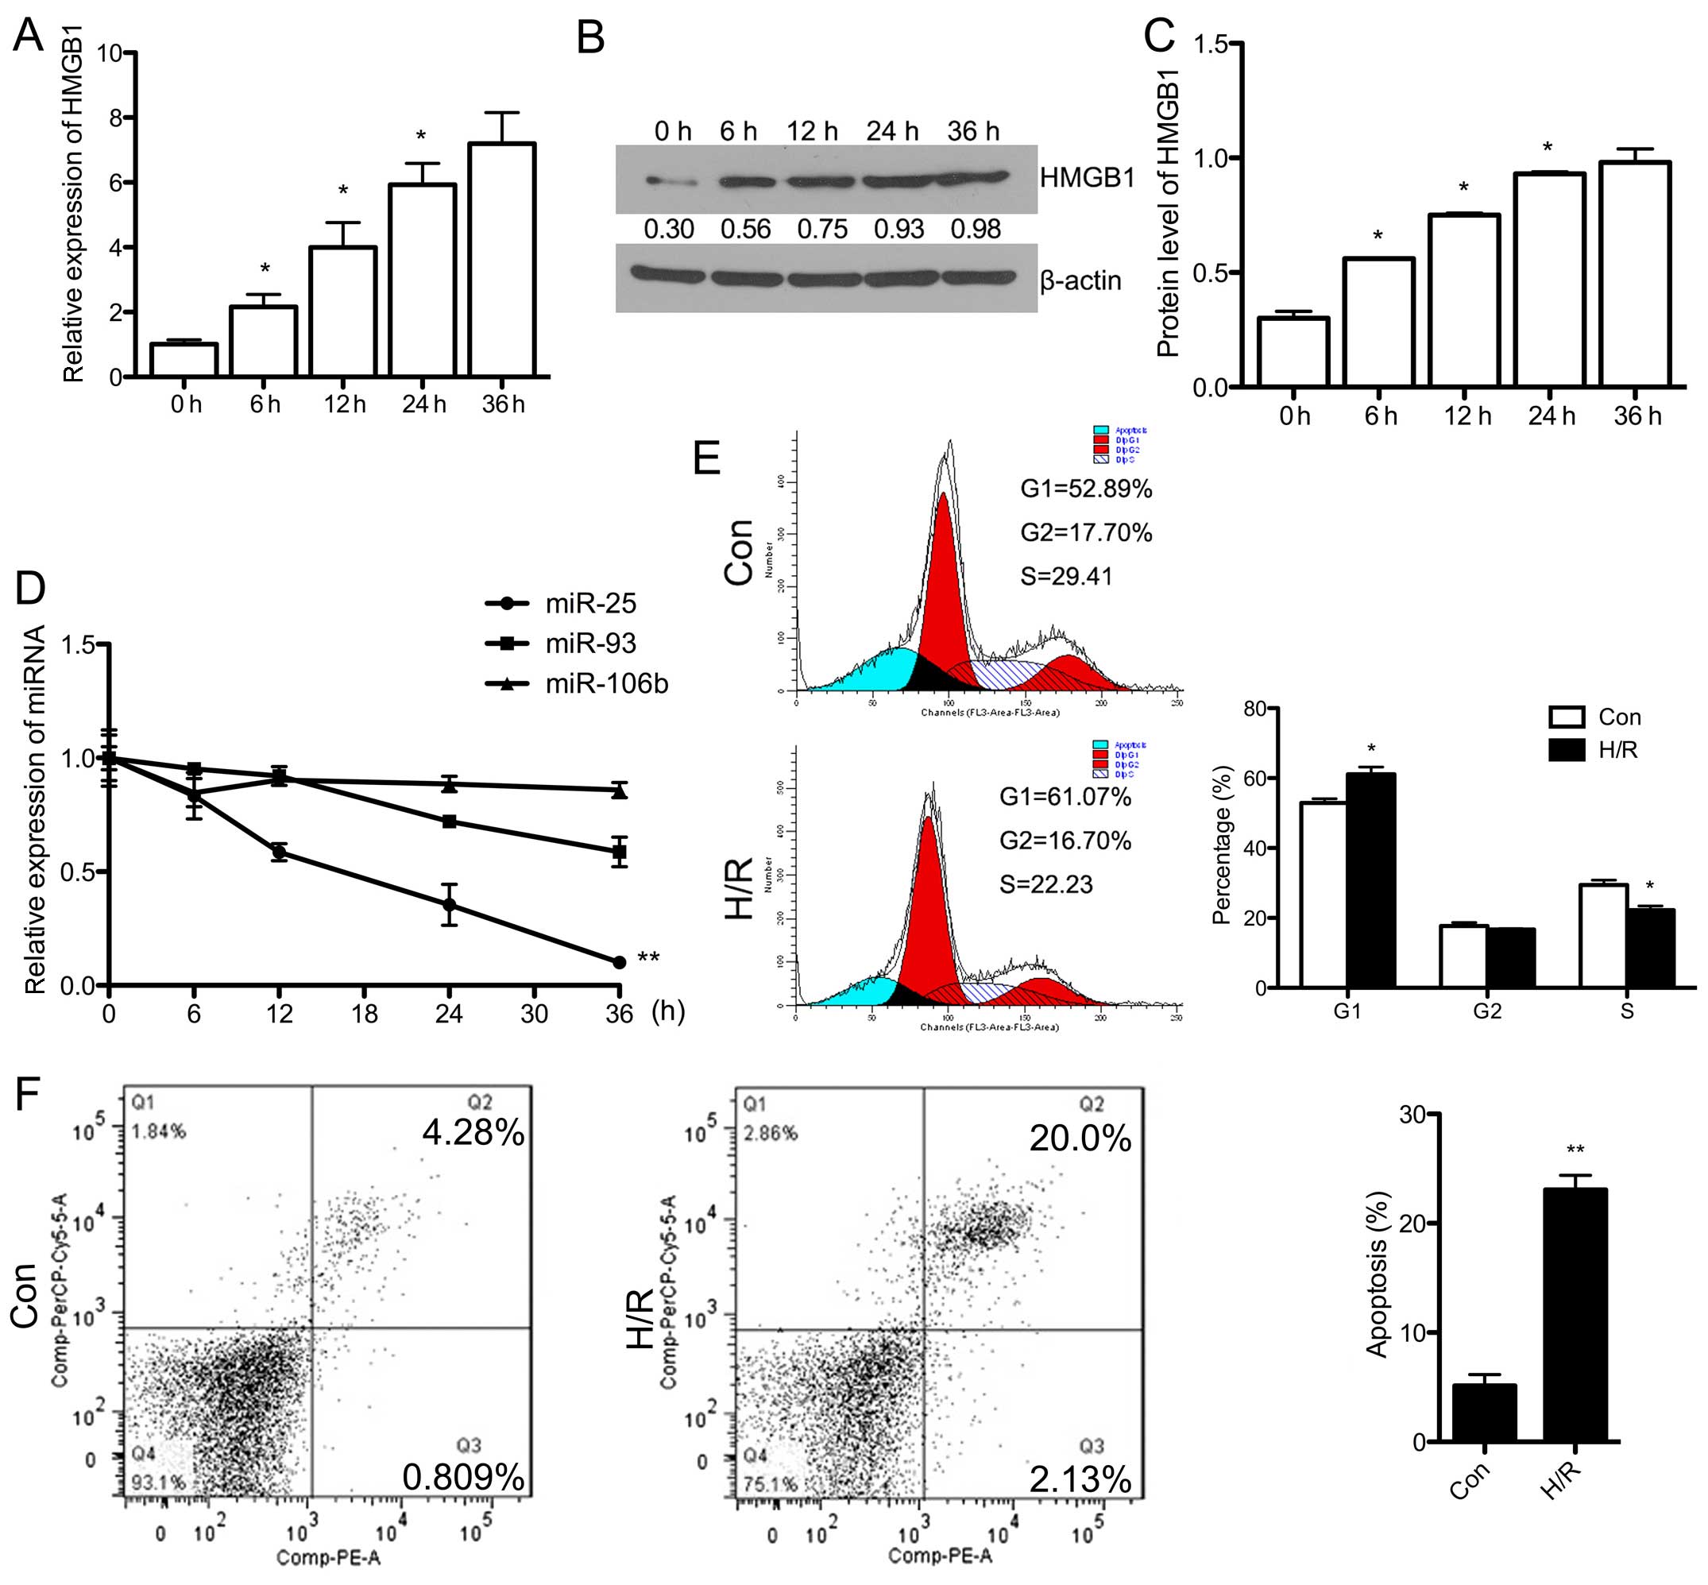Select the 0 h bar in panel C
[x=1293, y=352]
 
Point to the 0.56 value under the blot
[x=745, y=229]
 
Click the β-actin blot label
[x=1080, y=280]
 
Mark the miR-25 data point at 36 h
[x=619, y=962]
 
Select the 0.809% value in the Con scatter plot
[x=463, y=1477]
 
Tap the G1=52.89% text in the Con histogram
[x=1085, y=489]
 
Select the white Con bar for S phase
[x=1602, y=936]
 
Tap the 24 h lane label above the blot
[x=891, y=131]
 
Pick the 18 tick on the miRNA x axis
[x=364, y=1014]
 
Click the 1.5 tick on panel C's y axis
[x=1210, y=44]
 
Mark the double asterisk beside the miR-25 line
[x=648, y=958]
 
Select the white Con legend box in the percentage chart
[x=1566, y=717]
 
